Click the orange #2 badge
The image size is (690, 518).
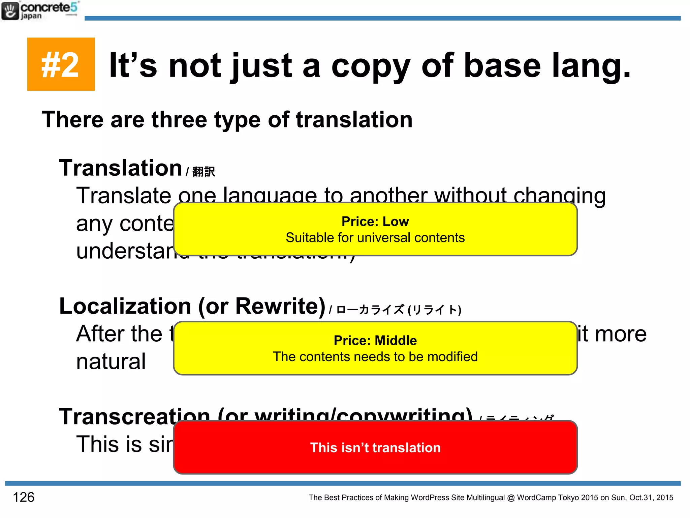click(x=61, y=64)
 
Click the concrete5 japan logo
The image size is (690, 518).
click(x=40, y=11)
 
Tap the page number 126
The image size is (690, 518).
click(x=24, y=497)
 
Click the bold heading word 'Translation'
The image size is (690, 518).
click(x=121, y=168)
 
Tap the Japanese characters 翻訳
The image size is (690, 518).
click(x=203, y=172)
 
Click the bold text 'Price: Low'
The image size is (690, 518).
click(x=375, y=222)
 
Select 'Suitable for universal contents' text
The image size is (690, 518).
click(x=375, y=238)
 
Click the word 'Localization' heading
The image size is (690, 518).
click(x=125, y=306)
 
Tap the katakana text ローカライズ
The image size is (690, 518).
click(x=370, y=310)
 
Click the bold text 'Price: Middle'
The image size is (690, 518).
click(x=375, y=341)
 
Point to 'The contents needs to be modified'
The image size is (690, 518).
click(x=375, y=357)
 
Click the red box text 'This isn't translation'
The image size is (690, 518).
click(x=375, y=448)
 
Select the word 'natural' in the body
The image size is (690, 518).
click(x=111, y=362)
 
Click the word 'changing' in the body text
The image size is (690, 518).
click(x=559, y=196)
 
